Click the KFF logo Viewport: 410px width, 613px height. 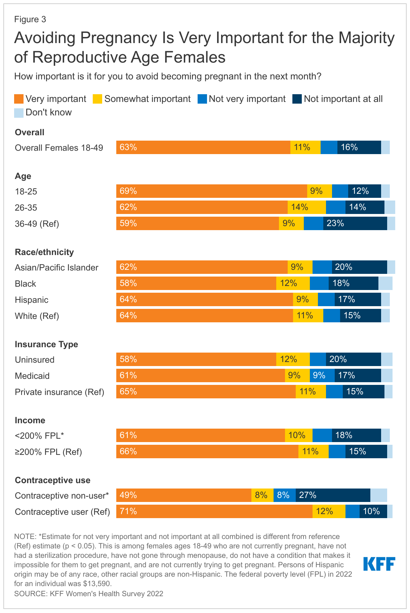(x=379, y=564)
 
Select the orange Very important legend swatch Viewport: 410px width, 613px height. (x=19, y=99)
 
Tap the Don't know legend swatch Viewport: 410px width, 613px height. (x=19, y=113)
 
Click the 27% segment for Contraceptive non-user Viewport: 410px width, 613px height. (x=333, y=495)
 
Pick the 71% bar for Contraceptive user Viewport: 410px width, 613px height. (x=214, y=511)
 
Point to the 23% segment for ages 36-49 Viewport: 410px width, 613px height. (x=355, y=223)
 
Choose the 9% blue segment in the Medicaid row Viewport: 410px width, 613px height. (x=322, y=375)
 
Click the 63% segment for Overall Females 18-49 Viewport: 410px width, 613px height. (x=203, y=147)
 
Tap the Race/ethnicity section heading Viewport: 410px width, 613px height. (x=44, y=252)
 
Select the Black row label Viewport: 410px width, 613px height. (x=25, y=284)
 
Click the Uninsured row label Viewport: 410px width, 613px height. (x=35, y=360)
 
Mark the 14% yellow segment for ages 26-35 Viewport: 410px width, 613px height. (x=306, y=207)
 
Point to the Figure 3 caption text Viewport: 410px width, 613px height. (x=30, y=20)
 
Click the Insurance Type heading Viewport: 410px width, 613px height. (x=46, y=344)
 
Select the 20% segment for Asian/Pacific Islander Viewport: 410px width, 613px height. (x=359, y=267)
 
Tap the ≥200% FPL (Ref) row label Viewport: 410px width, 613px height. (x=48, y=452)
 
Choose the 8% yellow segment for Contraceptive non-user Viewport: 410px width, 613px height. (x=262, y=495)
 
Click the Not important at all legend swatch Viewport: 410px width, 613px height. (x=297, y=99)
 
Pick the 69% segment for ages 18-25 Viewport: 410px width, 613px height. (x=211, y=191)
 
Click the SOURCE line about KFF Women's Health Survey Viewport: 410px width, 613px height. (x=89, y=593)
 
